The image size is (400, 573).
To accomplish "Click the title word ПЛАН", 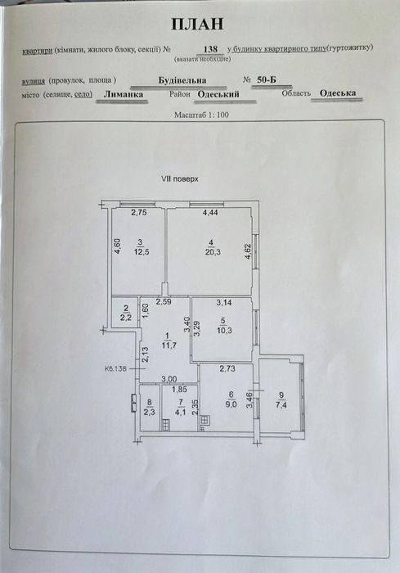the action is click(197, 24).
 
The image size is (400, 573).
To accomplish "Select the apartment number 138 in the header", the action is click(210, 49).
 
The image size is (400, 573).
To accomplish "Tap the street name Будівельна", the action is click(182, 80).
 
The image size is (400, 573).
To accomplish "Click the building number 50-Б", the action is click(267, 80).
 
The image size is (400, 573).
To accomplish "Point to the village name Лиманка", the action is click(123, 94).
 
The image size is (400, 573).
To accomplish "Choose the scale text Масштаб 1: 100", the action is click(201, 115).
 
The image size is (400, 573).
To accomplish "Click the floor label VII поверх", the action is click(180, 179).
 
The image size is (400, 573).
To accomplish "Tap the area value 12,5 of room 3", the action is click(142, 252).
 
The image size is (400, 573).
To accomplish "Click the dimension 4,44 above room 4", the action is click(210, 212).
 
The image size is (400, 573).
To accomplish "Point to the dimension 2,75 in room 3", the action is click(139, 212).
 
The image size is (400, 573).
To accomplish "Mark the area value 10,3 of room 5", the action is click(224, 331).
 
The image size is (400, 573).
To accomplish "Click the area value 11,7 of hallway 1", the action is click(169, 345).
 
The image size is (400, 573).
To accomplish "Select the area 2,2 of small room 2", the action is click(126, 318).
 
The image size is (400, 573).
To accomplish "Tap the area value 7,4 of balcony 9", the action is click(281, 404).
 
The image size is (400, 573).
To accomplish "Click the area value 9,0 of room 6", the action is click(232, 404).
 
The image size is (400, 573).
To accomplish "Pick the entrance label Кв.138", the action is click(115, 368).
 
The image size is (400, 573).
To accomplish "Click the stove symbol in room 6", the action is click(205, 420).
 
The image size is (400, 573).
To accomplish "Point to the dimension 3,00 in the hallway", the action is click(170, 379).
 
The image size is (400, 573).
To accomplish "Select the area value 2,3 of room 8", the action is click(149, 413).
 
